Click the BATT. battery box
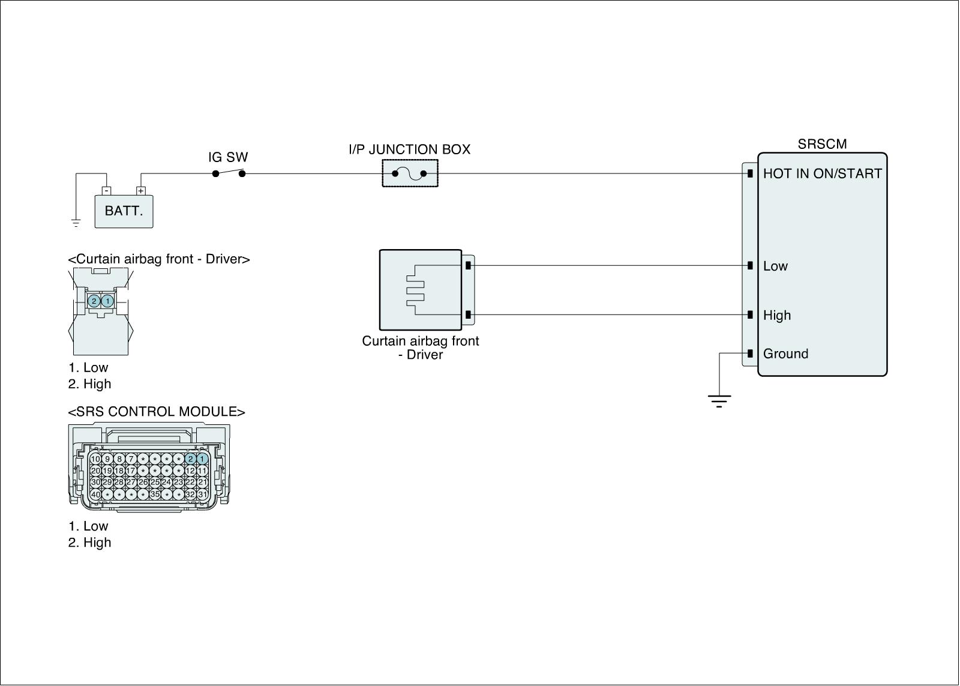pos(124,211)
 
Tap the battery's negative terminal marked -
pos(106,191)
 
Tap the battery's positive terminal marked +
pos(140,191)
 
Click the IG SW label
pos(228,157)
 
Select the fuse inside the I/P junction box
pos(410,174)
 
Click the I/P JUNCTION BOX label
pos(410,149)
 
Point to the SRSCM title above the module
pos(822,144)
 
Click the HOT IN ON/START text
pos(822,174)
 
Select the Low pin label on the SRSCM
pos(775,266)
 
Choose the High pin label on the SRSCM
pos(777,315)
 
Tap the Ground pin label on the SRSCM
pos(785,354)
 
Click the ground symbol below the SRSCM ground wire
pos(719,400)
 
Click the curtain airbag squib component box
pos(420,290)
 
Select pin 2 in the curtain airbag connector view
pos(94,301)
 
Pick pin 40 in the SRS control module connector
pos(95,495)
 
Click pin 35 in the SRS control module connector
pos(155,495)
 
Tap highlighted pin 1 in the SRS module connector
pos(202,459)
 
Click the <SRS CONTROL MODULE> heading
pos(157,412)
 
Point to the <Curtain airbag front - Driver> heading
pos(159,259)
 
